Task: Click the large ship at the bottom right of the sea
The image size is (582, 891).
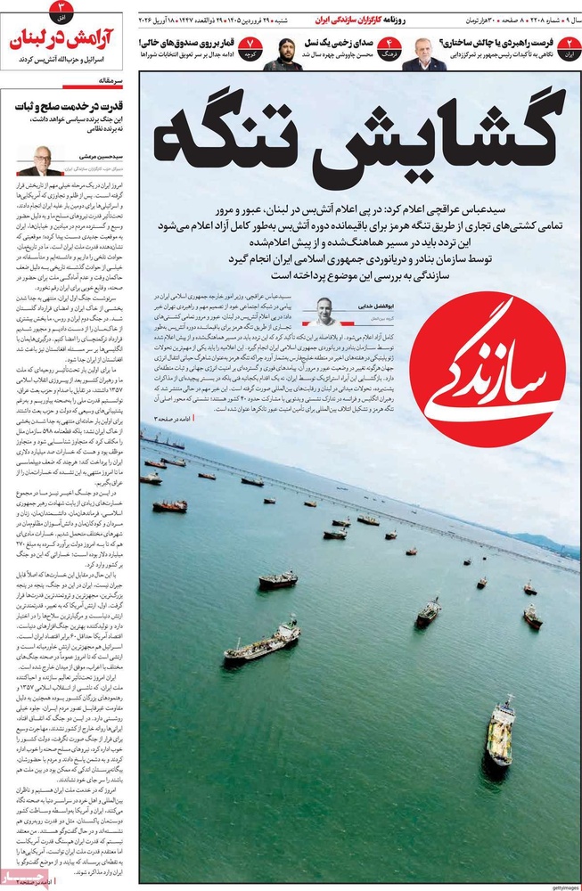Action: coord(501,731)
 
